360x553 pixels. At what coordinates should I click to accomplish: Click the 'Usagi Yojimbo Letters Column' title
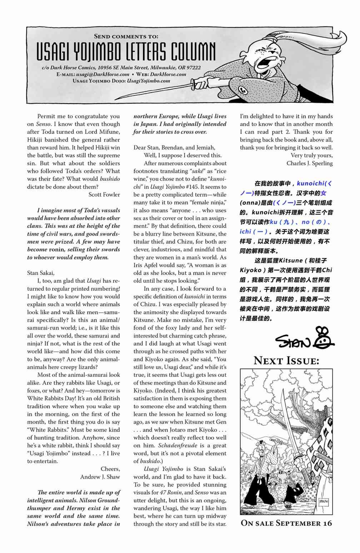point(126,52)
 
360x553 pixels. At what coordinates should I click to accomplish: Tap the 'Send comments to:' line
point(126,36)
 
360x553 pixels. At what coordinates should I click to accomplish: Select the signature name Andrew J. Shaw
point(100,477)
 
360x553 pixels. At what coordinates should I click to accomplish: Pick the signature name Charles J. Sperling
point(309,163)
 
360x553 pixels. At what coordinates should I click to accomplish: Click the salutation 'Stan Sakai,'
point(41,273)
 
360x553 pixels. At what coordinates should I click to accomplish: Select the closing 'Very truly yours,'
point(311,155)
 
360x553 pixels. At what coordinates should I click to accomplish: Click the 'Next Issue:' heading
point(286,361)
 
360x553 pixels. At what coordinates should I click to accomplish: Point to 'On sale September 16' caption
point(286,523)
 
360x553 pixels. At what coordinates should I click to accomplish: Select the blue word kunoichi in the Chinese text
point(311,184)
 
